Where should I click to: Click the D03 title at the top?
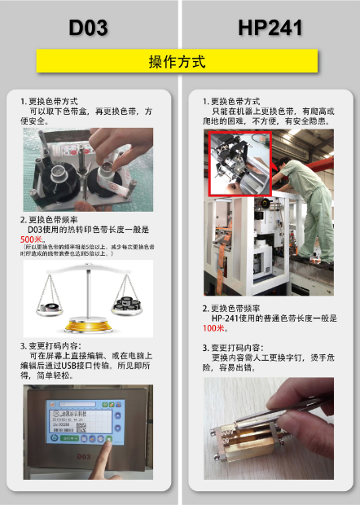coord(88,28)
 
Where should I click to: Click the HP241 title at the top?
coord(270,28)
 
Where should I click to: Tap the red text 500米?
coord(33,240)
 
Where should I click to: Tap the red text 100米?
coord(215,328)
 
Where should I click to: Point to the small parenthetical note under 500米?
coord(86,251)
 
